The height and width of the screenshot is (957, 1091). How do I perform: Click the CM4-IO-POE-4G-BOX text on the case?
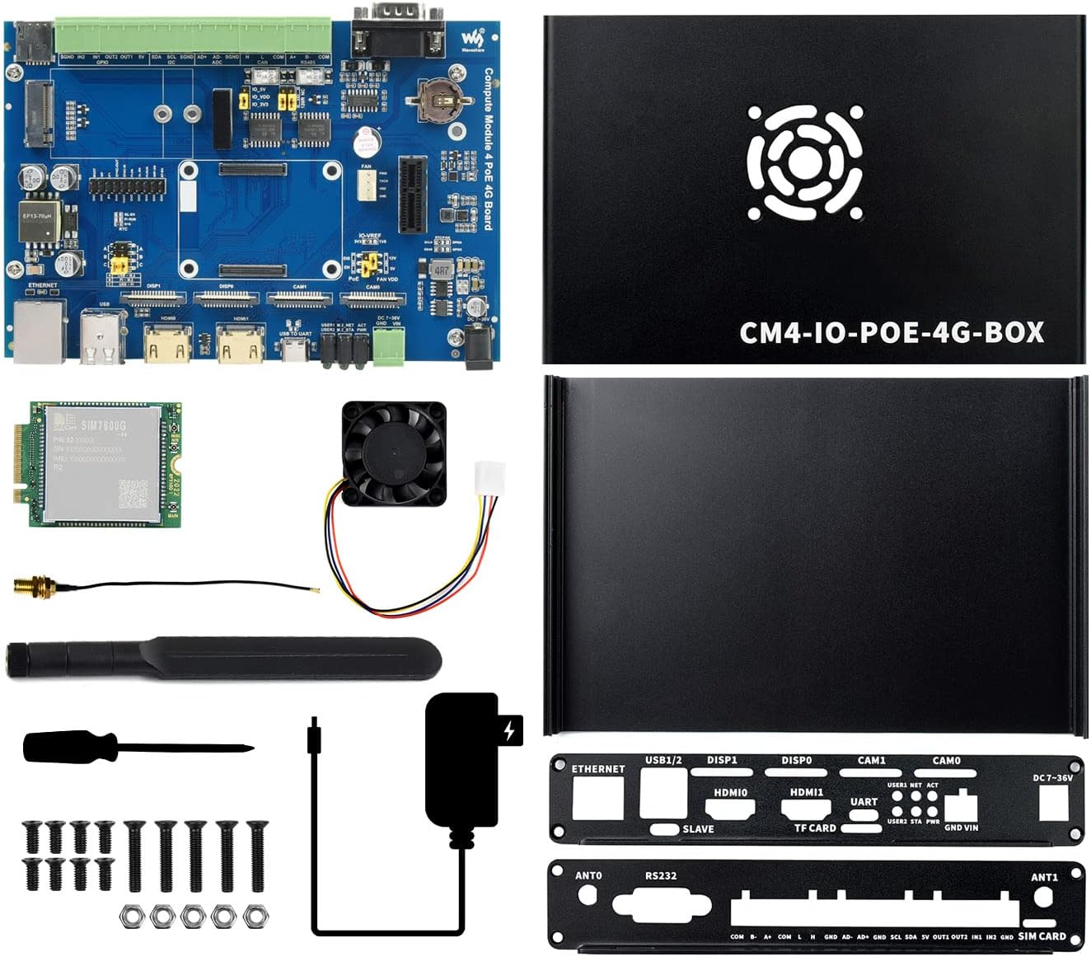click(891, 332)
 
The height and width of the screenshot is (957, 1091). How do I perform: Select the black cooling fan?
click(394, 453)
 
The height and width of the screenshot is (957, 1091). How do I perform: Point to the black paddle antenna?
click(222, 658)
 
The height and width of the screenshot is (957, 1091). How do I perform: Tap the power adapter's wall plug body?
click(462, 758)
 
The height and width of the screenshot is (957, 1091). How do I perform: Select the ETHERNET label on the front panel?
click(598, 769)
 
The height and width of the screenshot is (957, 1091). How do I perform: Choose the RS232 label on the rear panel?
click(660, 875)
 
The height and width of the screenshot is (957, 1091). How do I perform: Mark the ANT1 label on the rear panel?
click(1044, 877)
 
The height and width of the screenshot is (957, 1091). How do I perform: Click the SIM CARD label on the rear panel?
click(1042, 936)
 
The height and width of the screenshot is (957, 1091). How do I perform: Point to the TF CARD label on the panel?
click(815, 828)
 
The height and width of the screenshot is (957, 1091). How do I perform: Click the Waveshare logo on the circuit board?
click(471, 39)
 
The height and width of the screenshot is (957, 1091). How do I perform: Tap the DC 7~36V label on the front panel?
click(1053, 777)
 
